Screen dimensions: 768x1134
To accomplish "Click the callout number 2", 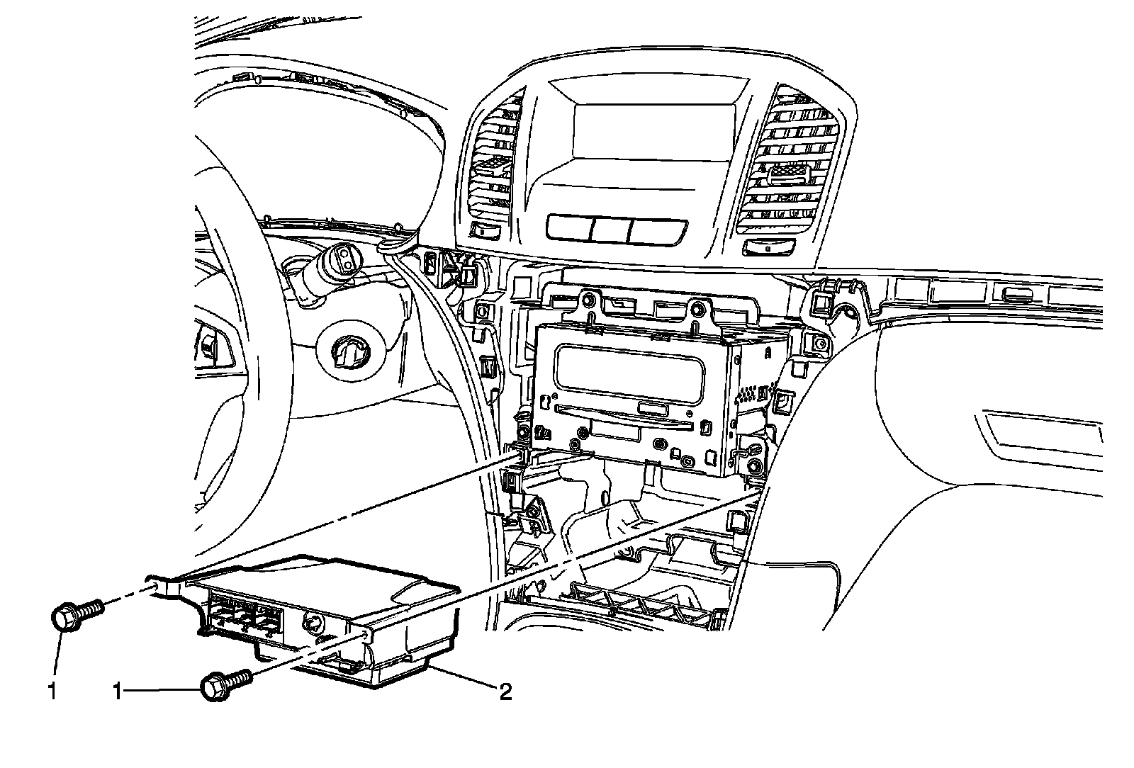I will click(505, 691).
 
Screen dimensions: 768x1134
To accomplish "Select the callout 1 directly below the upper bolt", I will click(52, 691).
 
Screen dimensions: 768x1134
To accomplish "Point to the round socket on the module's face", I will click(312, 622).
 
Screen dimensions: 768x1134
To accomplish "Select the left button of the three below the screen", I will click(568, 227).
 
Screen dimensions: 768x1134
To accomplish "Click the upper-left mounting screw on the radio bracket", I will click(588, 304).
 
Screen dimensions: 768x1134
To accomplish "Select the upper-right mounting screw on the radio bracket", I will click(697, 308).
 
